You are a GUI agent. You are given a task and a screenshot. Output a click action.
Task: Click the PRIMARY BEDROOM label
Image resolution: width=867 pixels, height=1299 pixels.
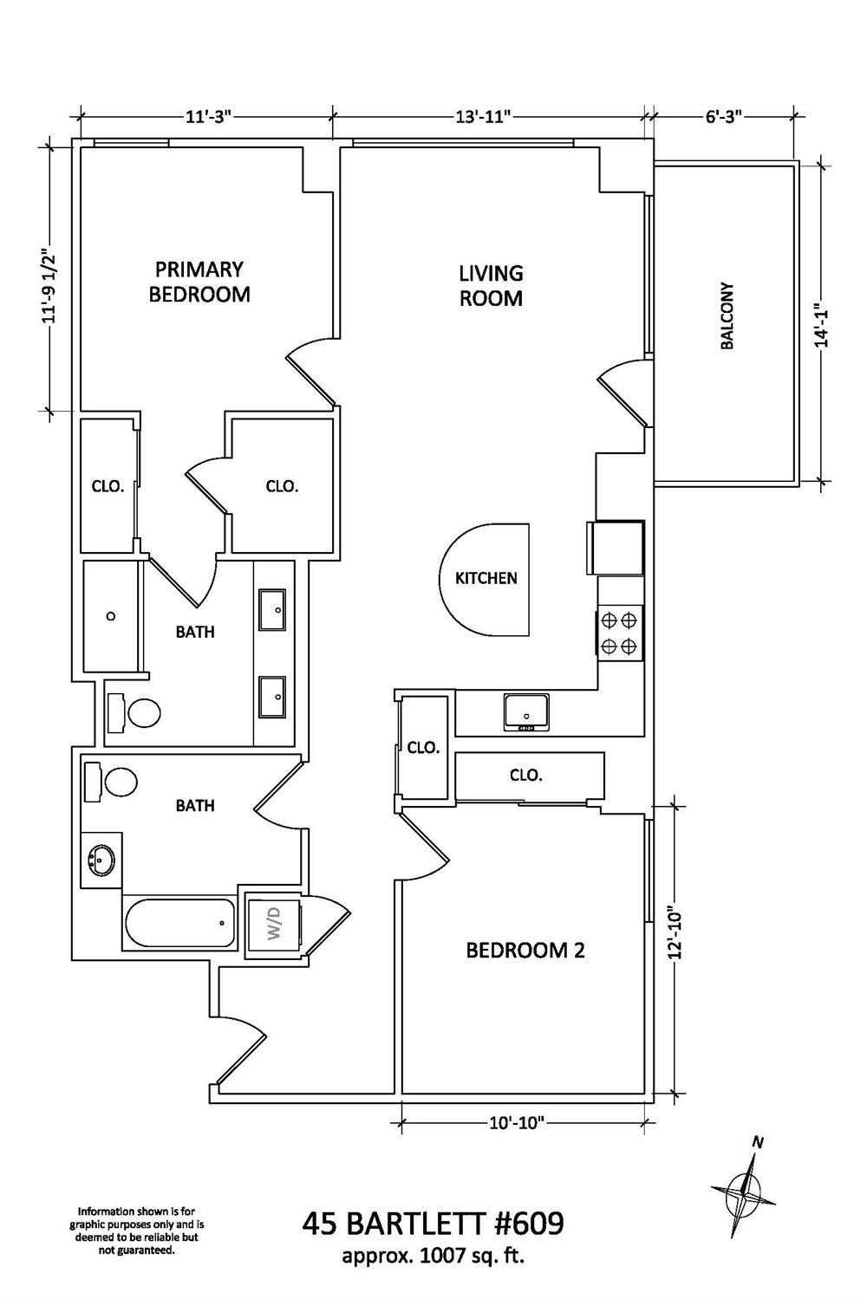[199, 282]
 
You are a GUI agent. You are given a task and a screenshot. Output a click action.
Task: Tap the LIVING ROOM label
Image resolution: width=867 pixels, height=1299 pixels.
[491, 286]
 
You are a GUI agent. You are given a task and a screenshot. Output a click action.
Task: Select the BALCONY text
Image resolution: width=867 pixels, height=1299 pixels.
[727, 315]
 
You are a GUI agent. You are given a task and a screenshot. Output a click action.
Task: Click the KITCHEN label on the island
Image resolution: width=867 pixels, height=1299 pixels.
[486, 578]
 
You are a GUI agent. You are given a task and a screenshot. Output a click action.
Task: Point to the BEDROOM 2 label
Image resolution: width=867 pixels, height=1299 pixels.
[525, 951]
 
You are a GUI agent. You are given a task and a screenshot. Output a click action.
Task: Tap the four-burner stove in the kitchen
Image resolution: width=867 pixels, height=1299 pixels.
[620, 633]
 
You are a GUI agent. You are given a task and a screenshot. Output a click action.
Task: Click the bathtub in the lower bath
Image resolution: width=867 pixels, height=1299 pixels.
[179, 925]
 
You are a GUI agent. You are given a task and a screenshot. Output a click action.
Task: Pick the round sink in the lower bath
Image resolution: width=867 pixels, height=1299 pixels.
[101, 861]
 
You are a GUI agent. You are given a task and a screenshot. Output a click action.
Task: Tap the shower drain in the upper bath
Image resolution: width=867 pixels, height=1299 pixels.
[111, 616]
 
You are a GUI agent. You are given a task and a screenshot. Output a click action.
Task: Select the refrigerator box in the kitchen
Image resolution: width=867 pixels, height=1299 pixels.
[616, 548]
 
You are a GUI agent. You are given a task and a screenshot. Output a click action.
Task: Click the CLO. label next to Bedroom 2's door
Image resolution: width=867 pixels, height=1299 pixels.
[424, 747]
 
